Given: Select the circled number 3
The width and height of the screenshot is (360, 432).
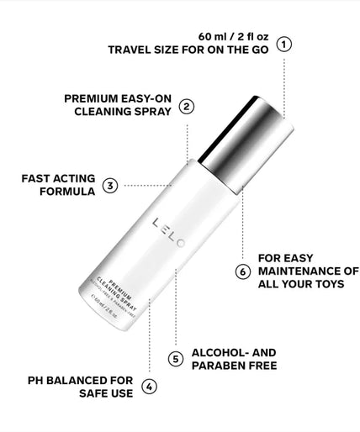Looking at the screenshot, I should [x=110, y=185].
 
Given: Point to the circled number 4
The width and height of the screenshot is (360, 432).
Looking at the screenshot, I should [x=148, y=387].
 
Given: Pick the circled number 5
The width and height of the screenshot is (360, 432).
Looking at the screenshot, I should [x=176, y=359].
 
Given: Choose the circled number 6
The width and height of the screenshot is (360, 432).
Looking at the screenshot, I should [x=242, y=271].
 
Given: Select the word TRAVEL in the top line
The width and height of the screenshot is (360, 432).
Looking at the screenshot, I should [x=130, y=50].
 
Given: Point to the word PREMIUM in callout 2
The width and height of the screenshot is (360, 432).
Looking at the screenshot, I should [x=92, y=97].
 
